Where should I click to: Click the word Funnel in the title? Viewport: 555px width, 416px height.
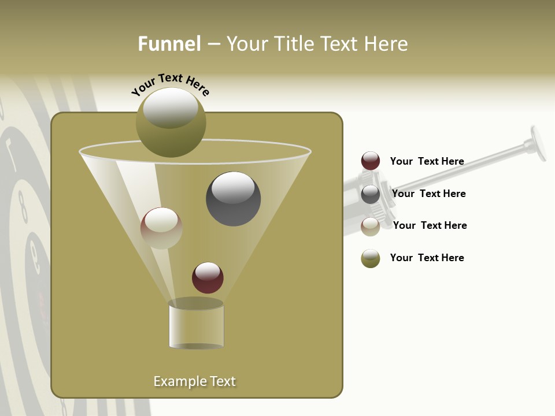click(169, 44)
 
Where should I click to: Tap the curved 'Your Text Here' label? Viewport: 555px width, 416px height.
click(171, 84)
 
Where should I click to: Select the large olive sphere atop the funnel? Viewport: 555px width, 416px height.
click(171, 122)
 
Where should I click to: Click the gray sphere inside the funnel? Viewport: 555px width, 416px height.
click(233, 198)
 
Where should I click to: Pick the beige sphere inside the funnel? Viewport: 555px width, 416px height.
click(161, 228)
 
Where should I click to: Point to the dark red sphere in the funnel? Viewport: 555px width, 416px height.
click(208, 277)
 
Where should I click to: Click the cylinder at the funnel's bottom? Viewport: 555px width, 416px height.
click(196, 325)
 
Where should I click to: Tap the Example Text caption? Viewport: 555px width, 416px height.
click(195, 381)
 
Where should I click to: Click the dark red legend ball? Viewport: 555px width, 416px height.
click(371, 161)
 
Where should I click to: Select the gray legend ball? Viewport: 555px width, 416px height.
click(371, 194)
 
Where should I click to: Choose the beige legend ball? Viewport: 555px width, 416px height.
click(371, 226)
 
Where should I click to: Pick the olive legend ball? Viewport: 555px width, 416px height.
click(371, 258)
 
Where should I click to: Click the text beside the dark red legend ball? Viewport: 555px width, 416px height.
click(427, 161)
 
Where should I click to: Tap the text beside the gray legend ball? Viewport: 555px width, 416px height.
click(428, 194)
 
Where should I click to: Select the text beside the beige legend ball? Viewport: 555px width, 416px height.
click(430, 225)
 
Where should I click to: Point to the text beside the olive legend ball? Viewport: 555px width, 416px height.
click(427, 258)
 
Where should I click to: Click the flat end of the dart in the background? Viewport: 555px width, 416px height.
click(538, 143)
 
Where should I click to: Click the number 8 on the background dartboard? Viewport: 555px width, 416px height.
click(23, 207)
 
